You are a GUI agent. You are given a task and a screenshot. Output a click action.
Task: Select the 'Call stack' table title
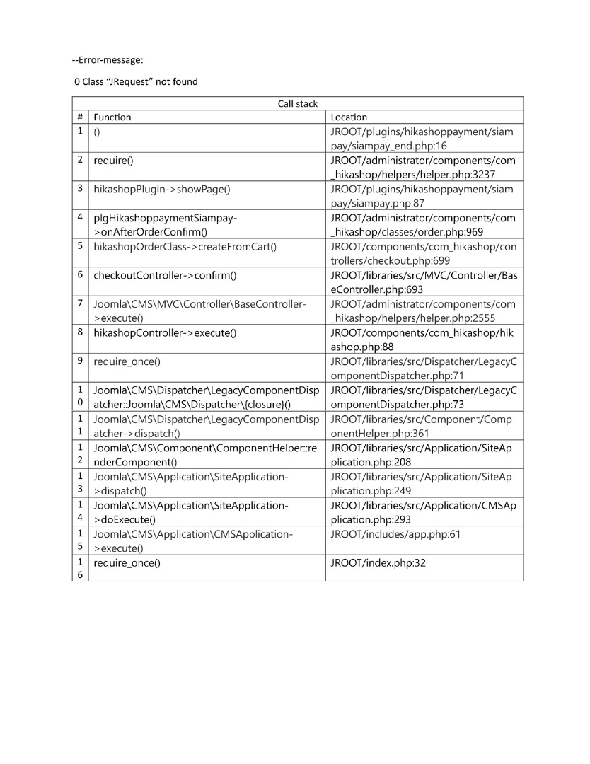tap(297, 104)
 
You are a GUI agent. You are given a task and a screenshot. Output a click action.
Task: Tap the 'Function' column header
tap(112, 117)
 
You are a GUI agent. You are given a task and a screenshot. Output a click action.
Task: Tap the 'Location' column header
tap(349, 117)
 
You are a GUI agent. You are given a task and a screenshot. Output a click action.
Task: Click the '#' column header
tap(80, 117)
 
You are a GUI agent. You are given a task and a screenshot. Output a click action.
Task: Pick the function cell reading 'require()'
tap(113, 161)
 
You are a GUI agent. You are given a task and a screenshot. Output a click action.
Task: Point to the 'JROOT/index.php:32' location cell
tap(378, 563)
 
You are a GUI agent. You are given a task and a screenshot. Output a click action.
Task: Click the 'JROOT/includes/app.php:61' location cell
tap(395, 534)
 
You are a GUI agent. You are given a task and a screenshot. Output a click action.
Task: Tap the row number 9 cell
tap(80, 361)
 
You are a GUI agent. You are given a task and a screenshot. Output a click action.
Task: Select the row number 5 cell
tap(80, 246)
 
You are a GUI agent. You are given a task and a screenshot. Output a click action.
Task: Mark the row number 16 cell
tap(80, 568)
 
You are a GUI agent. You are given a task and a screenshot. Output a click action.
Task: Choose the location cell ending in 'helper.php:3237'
tap(423, 167)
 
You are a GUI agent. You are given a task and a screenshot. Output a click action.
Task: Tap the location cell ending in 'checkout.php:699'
tap(423, 253)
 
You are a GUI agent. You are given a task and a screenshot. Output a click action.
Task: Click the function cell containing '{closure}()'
tap(205, 397)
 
